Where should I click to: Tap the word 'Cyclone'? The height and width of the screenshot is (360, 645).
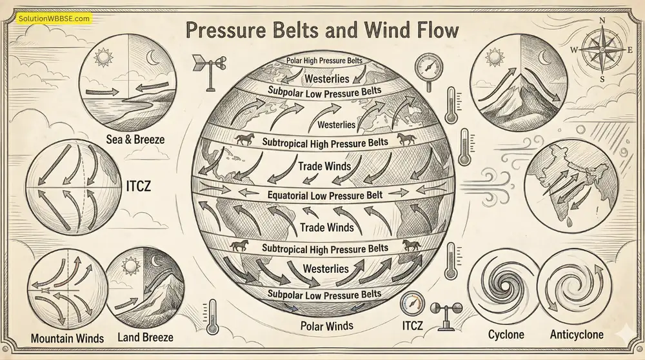pyautogui.click(x=506, y=334)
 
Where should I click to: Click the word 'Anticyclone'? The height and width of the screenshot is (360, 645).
pyautogui.click(x=577, y=334)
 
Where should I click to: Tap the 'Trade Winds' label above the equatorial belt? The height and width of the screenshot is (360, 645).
pyautogui.click(x=324, y=166)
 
